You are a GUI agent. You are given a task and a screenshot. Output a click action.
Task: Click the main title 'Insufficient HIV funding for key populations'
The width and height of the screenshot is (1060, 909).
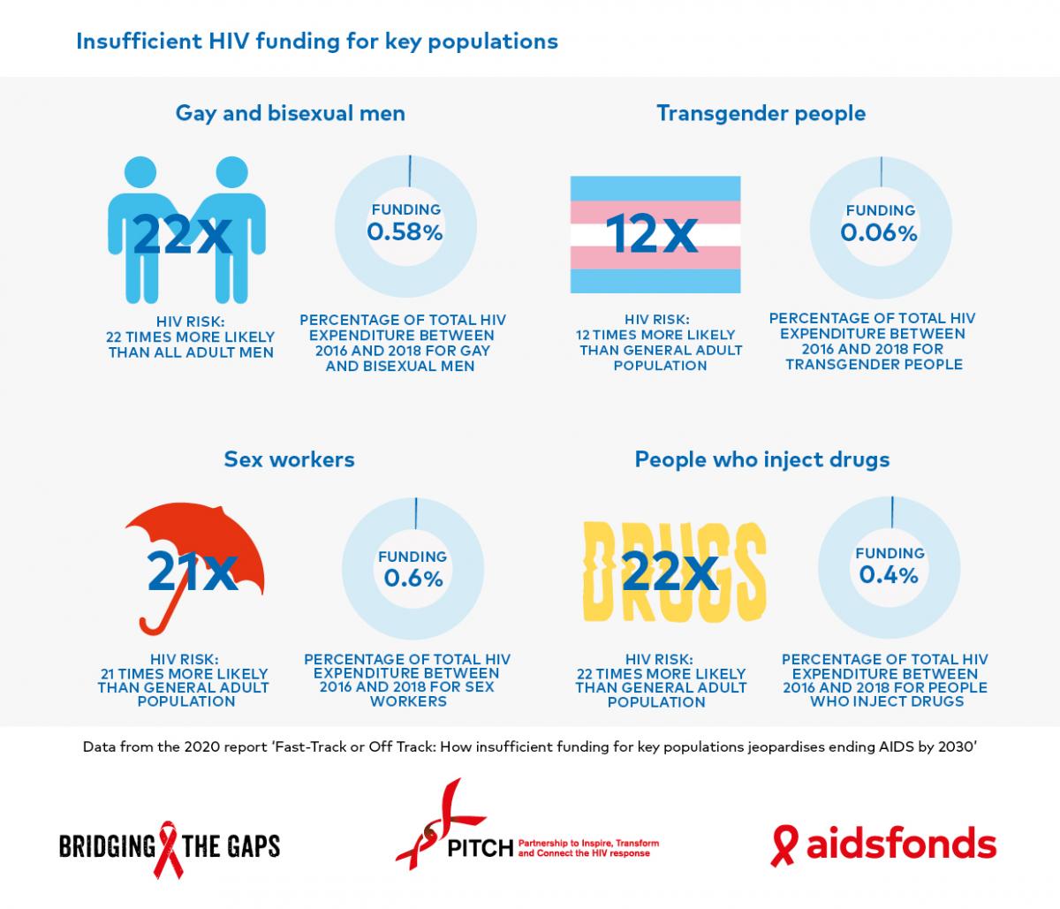(x=317, y=42)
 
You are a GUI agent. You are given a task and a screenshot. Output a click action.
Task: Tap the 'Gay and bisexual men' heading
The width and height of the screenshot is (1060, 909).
(x=290, y=113)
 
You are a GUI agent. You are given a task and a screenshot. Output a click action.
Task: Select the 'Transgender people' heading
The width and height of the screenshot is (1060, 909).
(x=761, y=113)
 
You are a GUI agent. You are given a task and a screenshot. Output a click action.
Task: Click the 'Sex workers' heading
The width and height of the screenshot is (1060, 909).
(x=289, y=458)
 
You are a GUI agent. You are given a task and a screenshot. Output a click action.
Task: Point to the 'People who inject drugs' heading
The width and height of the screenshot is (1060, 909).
(x=761, y=459)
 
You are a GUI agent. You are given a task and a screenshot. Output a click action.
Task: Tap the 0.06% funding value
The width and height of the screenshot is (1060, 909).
(x=879, y=232)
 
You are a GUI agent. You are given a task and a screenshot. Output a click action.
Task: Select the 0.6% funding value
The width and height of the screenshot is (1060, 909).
(x=413, y=578)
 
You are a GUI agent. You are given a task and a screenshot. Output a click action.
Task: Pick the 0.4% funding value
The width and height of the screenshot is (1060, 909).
(x=889, y=575)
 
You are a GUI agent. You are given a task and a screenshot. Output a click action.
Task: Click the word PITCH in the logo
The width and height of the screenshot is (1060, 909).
(x=480, y=848)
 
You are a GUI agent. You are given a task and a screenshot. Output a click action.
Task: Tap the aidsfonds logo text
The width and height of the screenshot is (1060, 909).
(x=900, y=845)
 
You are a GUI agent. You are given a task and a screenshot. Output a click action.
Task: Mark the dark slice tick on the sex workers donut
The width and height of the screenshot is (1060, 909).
(x=413, y=514)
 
